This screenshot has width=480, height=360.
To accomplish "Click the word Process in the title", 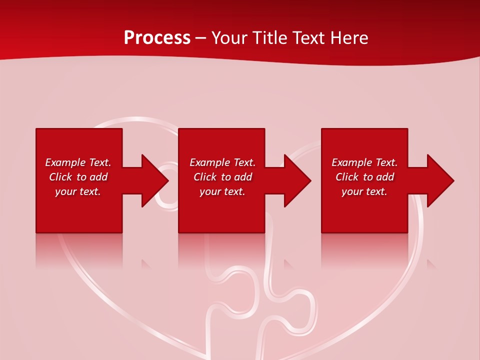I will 157,37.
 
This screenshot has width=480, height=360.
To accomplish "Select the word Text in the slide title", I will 307,37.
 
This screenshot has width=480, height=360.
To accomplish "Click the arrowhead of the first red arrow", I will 155,180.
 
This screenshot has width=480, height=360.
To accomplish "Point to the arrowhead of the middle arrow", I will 297,180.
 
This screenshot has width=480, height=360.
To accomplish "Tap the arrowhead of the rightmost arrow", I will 440,180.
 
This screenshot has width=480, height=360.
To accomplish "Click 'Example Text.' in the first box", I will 78,162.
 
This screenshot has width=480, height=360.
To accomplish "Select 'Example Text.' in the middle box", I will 222,162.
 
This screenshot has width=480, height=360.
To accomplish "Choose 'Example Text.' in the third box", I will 364,162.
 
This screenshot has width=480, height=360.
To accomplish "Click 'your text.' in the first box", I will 78,191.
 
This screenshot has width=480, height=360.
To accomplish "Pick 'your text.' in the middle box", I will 222,191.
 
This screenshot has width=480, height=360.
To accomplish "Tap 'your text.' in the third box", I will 364,191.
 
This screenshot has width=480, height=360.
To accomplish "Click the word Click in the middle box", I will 205,177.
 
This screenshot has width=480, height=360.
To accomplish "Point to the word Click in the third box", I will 347,177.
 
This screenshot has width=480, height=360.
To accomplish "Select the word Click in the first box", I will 61,177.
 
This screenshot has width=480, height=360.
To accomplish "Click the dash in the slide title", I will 201,38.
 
